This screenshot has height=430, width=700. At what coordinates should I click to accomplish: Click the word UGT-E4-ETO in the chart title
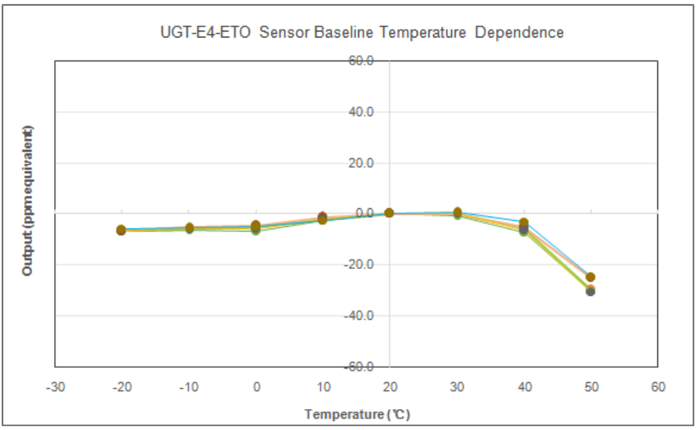pos(205,32)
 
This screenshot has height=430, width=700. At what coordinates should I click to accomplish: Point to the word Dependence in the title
pos(519,33)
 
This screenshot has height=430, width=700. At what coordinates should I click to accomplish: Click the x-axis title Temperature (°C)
pos(357,414)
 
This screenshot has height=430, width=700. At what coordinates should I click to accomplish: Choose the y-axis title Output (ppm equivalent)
pos(27,201)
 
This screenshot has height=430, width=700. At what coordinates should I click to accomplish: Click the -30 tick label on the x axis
pos(55,387)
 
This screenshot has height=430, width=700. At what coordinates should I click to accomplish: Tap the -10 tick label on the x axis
pos(189,387)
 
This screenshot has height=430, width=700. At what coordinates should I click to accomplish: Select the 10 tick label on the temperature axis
pos(324,387)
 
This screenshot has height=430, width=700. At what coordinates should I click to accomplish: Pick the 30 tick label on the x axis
pos(457,387)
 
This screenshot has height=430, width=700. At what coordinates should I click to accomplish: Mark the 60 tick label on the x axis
pos(658,387)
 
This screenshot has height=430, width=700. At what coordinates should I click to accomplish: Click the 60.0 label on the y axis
pos(360,61)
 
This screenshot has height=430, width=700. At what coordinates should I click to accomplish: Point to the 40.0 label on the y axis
pos(360,112)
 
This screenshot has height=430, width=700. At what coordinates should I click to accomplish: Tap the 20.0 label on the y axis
pos(360,163)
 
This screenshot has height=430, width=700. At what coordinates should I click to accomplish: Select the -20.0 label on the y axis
pos(358,264)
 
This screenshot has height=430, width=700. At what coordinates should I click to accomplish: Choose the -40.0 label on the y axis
pos(358,316)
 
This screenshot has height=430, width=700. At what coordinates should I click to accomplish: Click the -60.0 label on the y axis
pos(358,367)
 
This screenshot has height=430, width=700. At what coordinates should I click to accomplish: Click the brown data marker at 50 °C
pos(590,277)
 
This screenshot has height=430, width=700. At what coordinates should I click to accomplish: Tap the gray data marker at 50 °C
pos(590,291)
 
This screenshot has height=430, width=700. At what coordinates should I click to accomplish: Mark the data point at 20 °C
pos(389,213)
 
